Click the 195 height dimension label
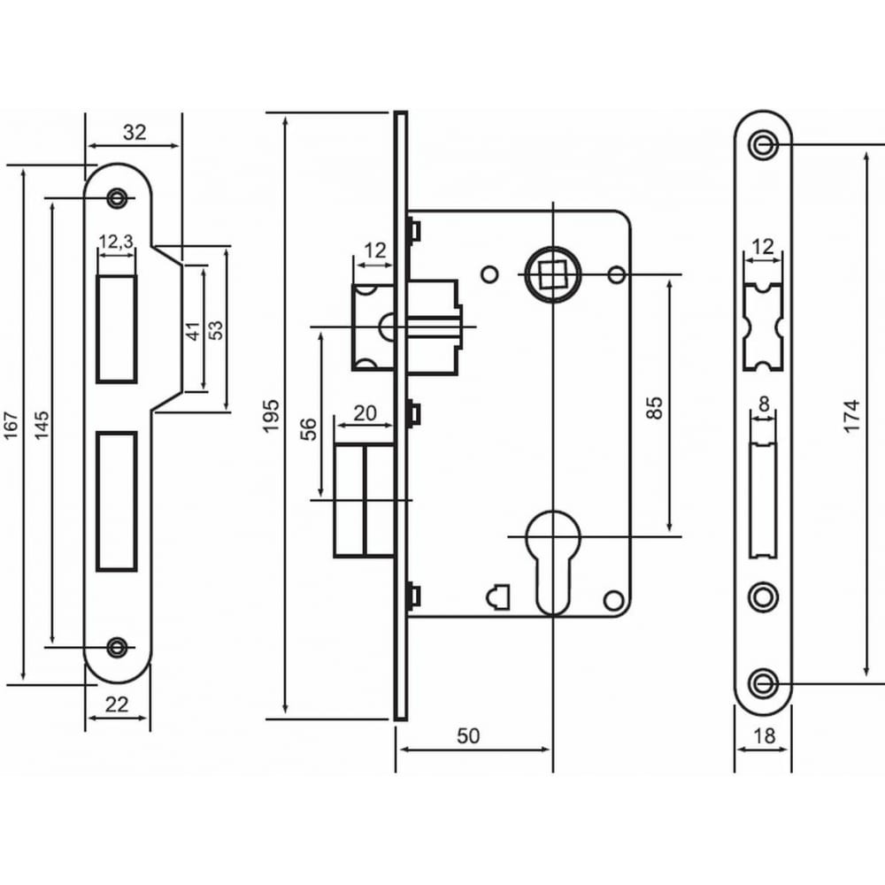coord(272,416)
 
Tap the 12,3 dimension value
coord(116,242)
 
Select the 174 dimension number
coord(851,416)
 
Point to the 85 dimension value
coord(654,407)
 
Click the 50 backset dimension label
coord(468,736)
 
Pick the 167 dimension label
coord(12,426)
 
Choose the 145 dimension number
coord(42,426)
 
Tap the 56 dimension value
coord(308,429)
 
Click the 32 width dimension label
coord(135,132)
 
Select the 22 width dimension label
coord(117,704)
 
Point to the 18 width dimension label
coord(764,736)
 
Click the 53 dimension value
coord(216,329)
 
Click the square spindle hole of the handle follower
coord(552,274)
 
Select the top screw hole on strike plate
coord(117,197)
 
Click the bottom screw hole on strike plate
coord(117,647)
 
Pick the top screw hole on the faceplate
coord(763,145)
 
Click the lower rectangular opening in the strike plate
coord(117,501)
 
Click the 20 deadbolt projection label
coord(365,413)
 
